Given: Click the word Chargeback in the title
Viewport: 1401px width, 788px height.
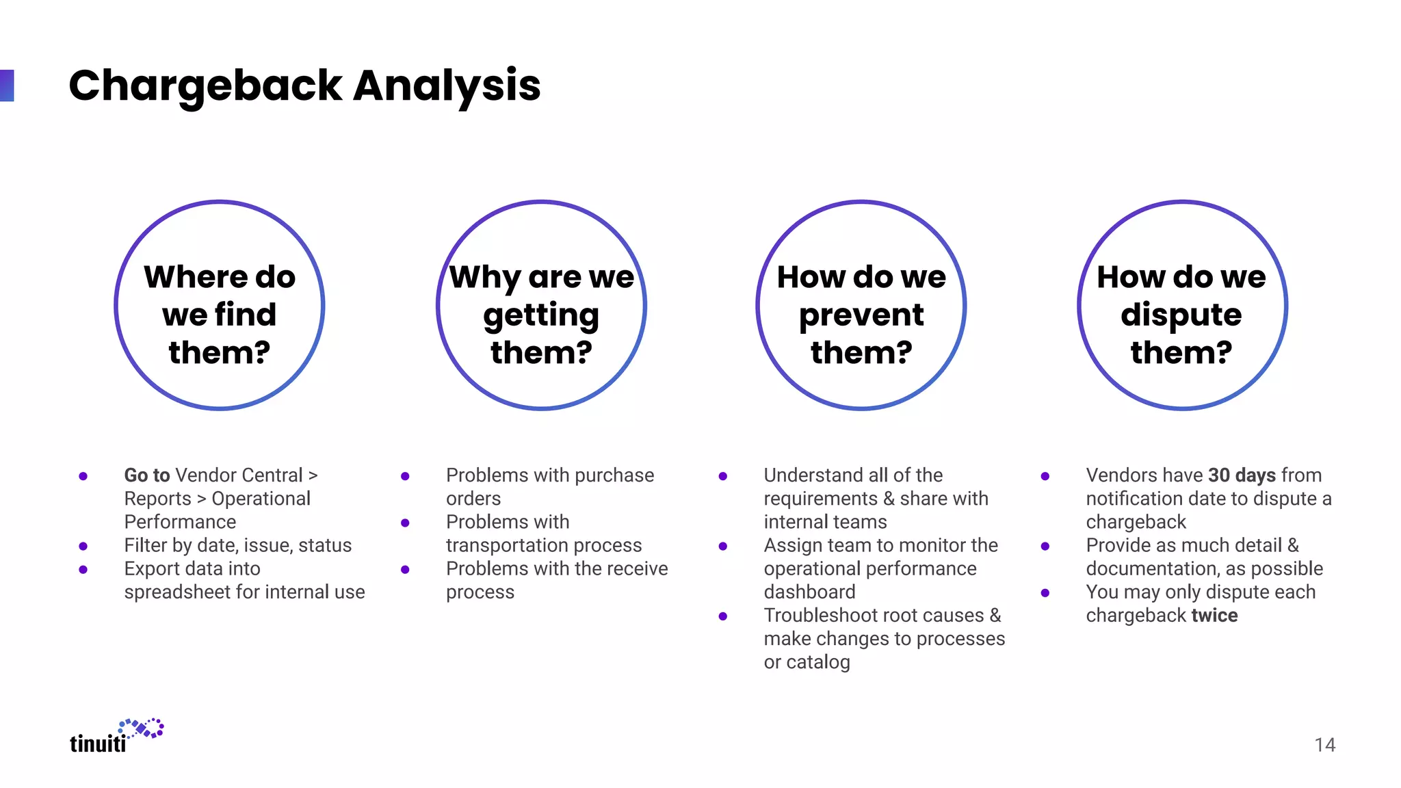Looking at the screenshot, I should click(205, 87).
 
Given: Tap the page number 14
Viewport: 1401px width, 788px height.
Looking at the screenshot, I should click(1324, 745).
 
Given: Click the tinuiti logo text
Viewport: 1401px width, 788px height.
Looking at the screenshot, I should click(98, 744).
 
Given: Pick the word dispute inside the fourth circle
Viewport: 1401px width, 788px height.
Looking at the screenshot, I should click(1181, 315).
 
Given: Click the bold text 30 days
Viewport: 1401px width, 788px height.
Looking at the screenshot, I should click(1242, 475).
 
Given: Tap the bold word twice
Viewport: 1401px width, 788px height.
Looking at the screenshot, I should click(1214, 616).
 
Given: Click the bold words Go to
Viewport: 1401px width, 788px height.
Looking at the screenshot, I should click(146, 475).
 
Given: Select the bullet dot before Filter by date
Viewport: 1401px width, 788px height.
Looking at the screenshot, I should click(83, 546).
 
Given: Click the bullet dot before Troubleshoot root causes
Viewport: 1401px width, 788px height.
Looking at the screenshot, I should click(722, 616).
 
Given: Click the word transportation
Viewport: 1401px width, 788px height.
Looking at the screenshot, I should click(501, 546).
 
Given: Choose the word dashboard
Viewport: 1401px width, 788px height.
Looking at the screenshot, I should click(809, 592).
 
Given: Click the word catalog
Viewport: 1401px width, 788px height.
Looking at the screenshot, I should click(818, 663).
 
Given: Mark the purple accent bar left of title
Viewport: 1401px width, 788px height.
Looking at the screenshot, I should click(7, 86).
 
